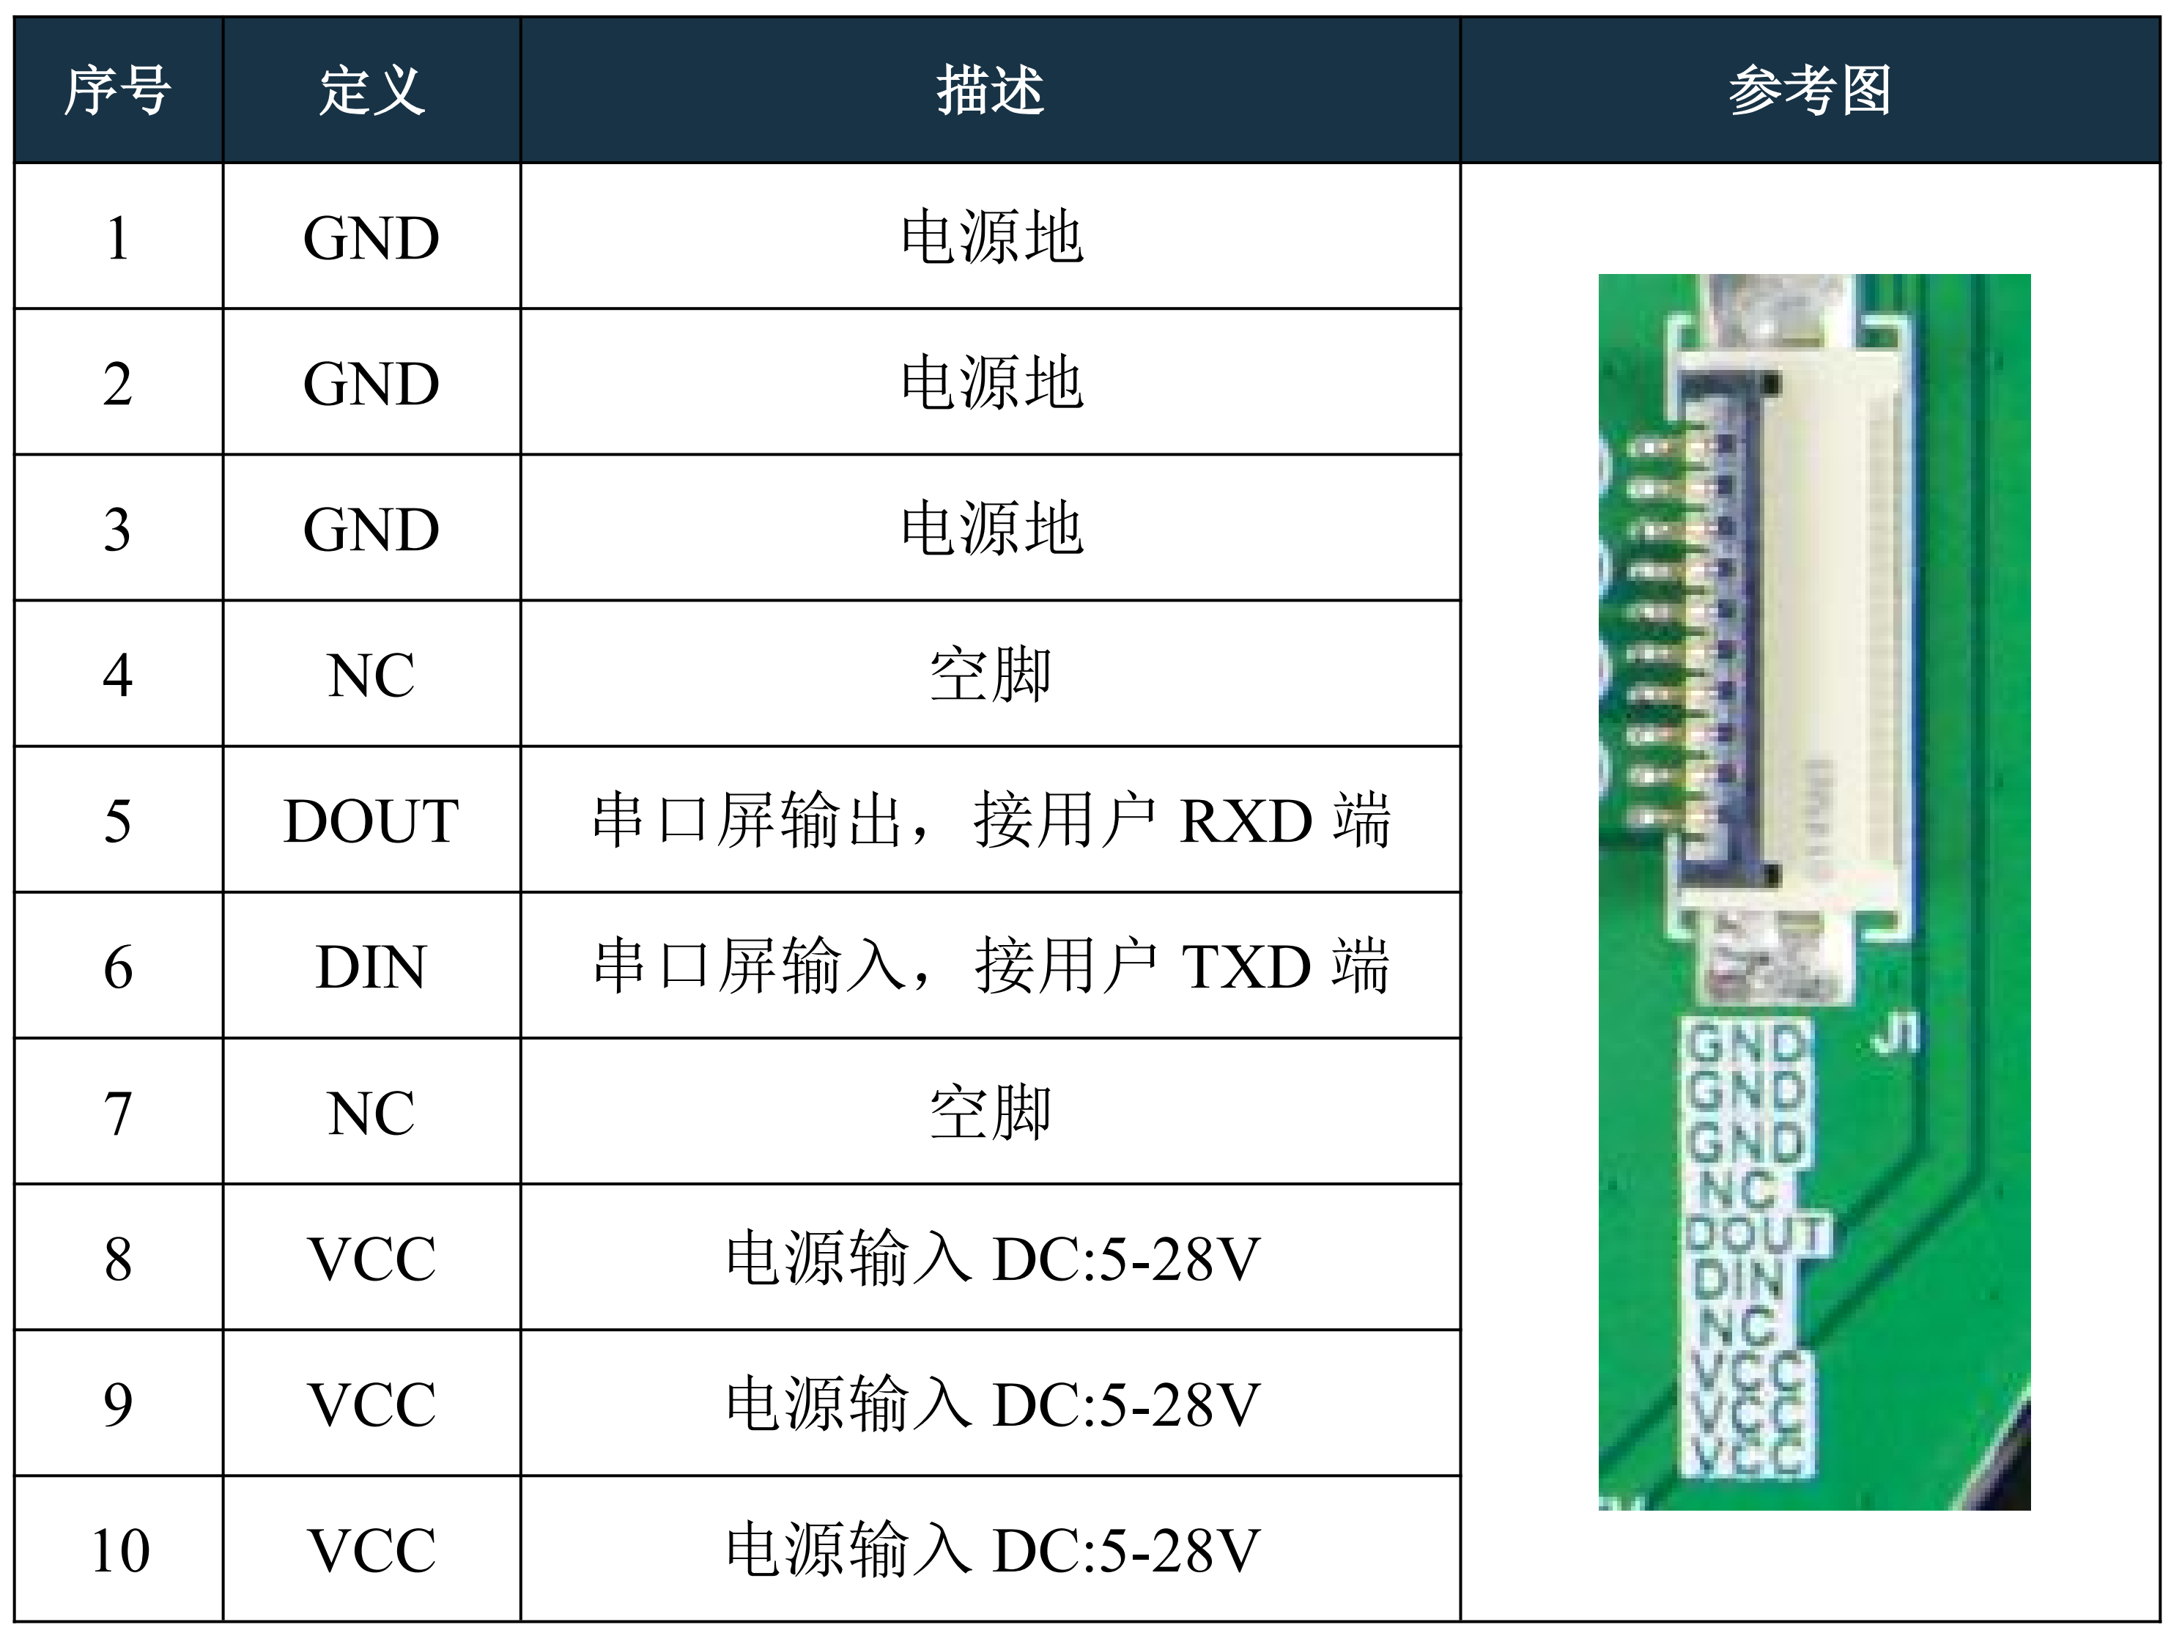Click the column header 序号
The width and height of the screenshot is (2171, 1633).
pyautogui.click(x=118, y=90)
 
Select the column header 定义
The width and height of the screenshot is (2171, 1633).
pyautogui.click(x=371, y=90)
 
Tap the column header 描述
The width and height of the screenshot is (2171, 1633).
pyautogui.click(x=989, y=90)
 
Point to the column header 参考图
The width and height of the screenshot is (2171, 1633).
pyautogui.click(x=1809, y=90)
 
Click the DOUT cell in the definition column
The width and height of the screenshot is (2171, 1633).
pyautogui.click(x=371, y=821)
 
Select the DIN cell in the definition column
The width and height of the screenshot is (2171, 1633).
pyautogui.click(x=371, y=966)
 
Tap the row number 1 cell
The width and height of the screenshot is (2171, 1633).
pyautogui.click(x=118, y=237)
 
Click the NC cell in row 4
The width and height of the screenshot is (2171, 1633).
pyautogui.click(x=371, y=675)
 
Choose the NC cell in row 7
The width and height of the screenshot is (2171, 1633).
pyautogui.click(x=371, y=1113)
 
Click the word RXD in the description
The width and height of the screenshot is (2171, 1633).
pyautogui.click(x=1245, y=821)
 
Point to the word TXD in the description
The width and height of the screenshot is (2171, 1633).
pyautogui.click(x=1245, y=966)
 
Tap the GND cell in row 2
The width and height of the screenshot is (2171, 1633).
pyautogui.click(x=371, y=382)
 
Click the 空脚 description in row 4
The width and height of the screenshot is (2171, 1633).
pyautogui.click(x=989, y=675)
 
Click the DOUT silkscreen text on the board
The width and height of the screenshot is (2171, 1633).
pyautogui.click(x=1757, y=1234)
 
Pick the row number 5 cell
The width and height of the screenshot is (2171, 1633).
pyautogui.click(x=118, y=821)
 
